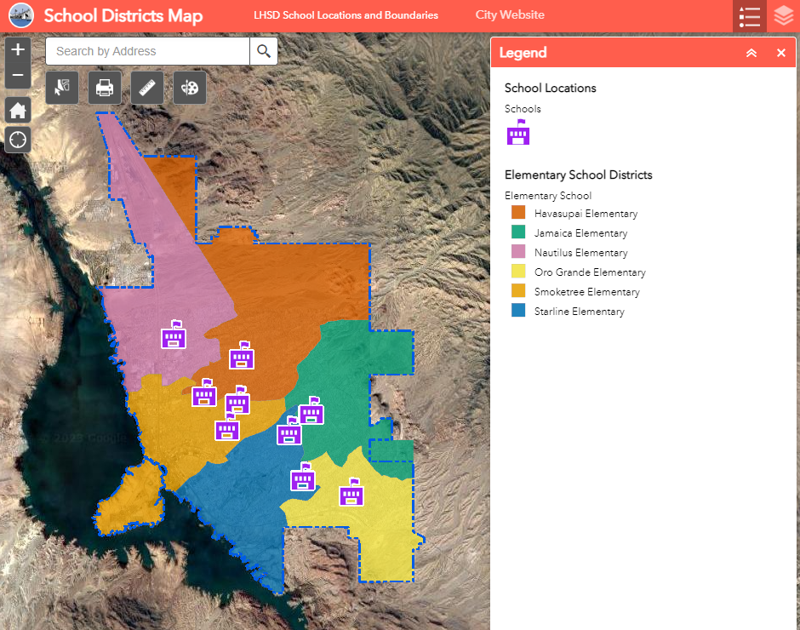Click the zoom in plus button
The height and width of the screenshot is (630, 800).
click(18, 50)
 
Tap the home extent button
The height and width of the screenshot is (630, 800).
click(18, 110)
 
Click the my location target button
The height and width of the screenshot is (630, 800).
click(18, 140)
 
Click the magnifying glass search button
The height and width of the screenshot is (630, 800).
click(264, 51)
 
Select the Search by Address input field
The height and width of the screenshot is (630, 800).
click(147, 51)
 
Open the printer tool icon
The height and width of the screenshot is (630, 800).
click(105, 88)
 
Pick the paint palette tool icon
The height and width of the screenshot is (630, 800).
click(190, 88)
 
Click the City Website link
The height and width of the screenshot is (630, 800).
click(510, 15)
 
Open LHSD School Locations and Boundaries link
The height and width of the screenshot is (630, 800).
click(346, 15)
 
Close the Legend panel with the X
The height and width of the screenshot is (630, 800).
click(781, 53)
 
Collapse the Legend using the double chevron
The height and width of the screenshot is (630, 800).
click(751, 53)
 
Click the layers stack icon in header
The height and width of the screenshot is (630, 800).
click(784, 16)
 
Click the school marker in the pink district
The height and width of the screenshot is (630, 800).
click(174, 336)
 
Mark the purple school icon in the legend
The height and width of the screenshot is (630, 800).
click(518, 133)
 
